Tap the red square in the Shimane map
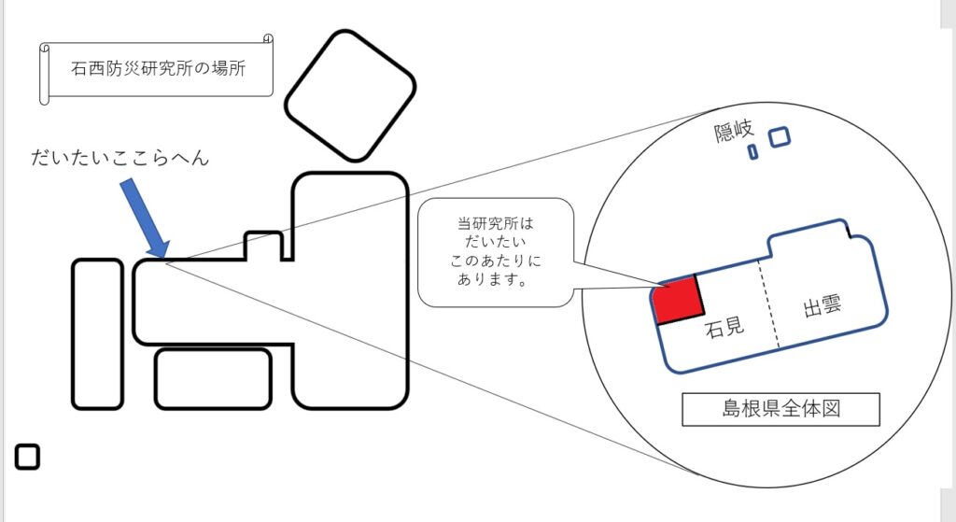[678, 300]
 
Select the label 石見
[724, 328]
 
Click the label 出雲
[822, 305]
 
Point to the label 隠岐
[734, 131]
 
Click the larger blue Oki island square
[780, 136]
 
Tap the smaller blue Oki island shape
[753, 151]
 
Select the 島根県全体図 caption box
[780, 409]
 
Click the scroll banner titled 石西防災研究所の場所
[156, 69]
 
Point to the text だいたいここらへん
[120, 158]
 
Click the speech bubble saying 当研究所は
[495, 252]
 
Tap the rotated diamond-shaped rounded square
[350, 96]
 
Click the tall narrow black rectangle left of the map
[97, 333]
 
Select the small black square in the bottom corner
[27, 457]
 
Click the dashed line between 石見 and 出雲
[769, 303]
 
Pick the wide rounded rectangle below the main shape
[213, 379]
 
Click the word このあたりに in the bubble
[495, 261]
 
